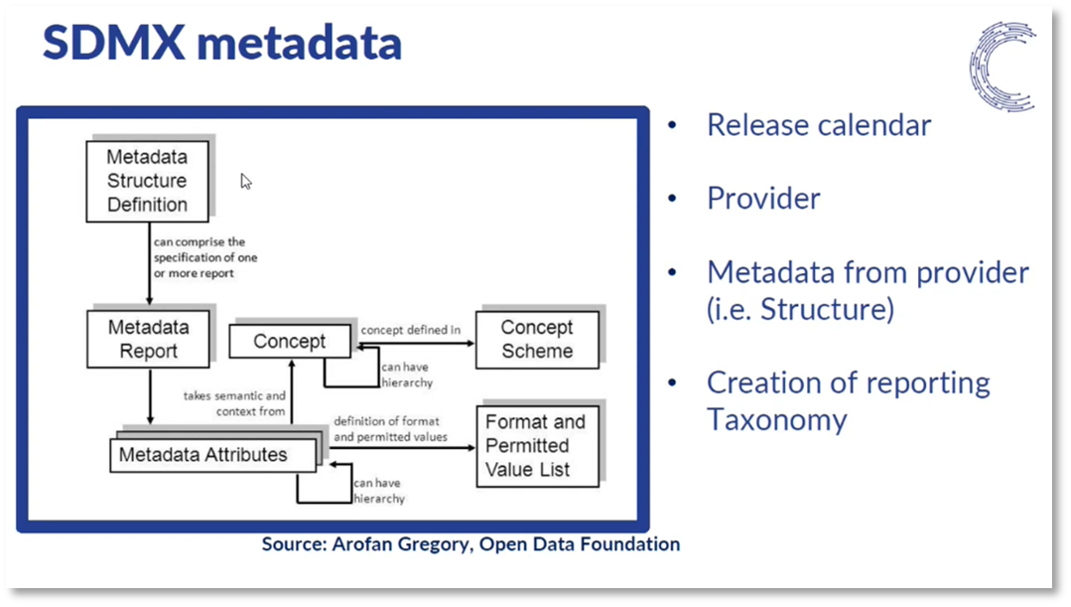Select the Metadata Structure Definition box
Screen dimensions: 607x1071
tap(147, 181)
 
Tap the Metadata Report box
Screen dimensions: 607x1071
tap(148, 339)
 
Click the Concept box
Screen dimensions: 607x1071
tap(289, 342)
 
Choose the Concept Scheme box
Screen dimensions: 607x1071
tap(536, 339)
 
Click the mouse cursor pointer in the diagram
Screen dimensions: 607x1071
tap(245, 180)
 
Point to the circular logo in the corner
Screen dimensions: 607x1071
tap(1003, 66)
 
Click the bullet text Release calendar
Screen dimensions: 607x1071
tap(819, 125)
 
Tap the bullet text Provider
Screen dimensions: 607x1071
tap(763, 199)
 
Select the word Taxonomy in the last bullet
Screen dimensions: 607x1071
tap(776, 419)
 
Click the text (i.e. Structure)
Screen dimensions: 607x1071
tap(800, 309)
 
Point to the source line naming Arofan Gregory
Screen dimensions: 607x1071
tap(470, 544)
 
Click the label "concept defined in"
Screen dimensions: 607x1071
tap(410, 329)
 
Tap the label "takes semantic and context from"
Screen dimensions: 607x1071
tap(234, 403)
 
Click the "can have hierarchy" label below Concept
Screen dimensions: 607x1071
tap(407, 374)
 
